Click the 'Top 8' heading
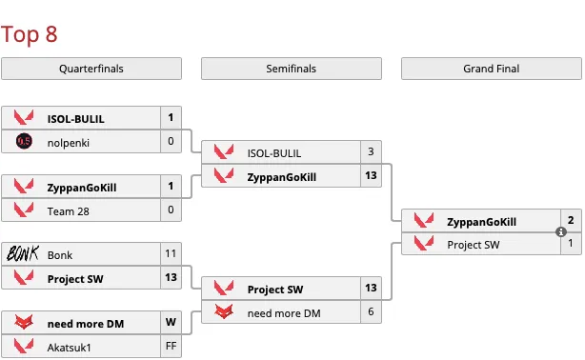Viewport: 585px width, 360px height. pos(30,35)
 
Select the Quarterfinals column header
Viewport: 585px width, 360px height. pos(91,69)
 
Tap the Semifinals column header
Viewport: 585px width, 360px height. pos(292,69)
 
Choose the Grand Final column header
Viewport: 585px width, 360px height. pos(492,69)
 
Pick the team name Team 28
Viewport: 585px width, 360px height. pos(68,210)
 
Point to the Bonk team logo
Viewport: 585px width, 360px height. pos(24,254)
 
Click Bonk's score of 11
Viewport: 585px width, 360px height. pos(171,254)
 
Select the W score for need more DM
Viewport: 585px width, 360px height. pos(171,323)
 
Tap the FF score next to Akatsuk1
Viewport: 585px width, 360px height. pos(171,346)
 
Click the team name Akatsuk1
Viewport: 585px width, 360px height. pos(70,346)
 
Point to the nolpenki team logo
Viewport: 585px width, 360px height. pos(24,142)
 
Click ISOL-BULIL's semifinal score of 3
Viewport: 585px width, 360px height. pos(371,152)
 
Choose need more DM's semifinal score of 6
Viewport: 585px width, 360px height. pos(371,311)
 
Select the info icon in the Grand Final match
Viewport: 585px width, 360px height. pos(561,232)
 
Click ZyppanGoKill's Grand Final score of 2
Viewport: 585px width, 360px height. pos(571,221)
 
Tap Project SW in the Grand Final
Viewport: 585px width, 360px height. pos(474,244)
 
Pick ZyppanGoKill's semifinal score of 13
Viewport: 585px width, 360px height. pos(371,175)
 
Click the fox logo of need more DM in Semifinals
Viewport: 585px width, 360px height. pos(224,311)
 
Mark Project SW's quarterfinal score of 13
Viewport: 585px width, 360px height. pos(171,277)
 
